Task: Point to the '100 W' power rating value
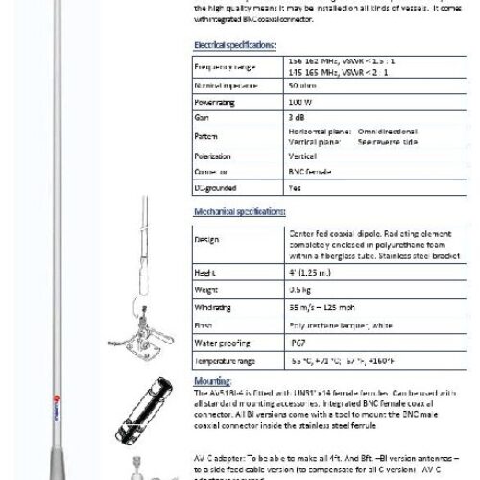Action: pyautogui.click(x=298, y=100)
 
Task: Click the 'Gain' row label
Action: pyautogui.click(x=203, y=115)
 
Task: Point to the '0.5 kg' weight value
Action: pyautogui.click(x=299, y=289)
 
